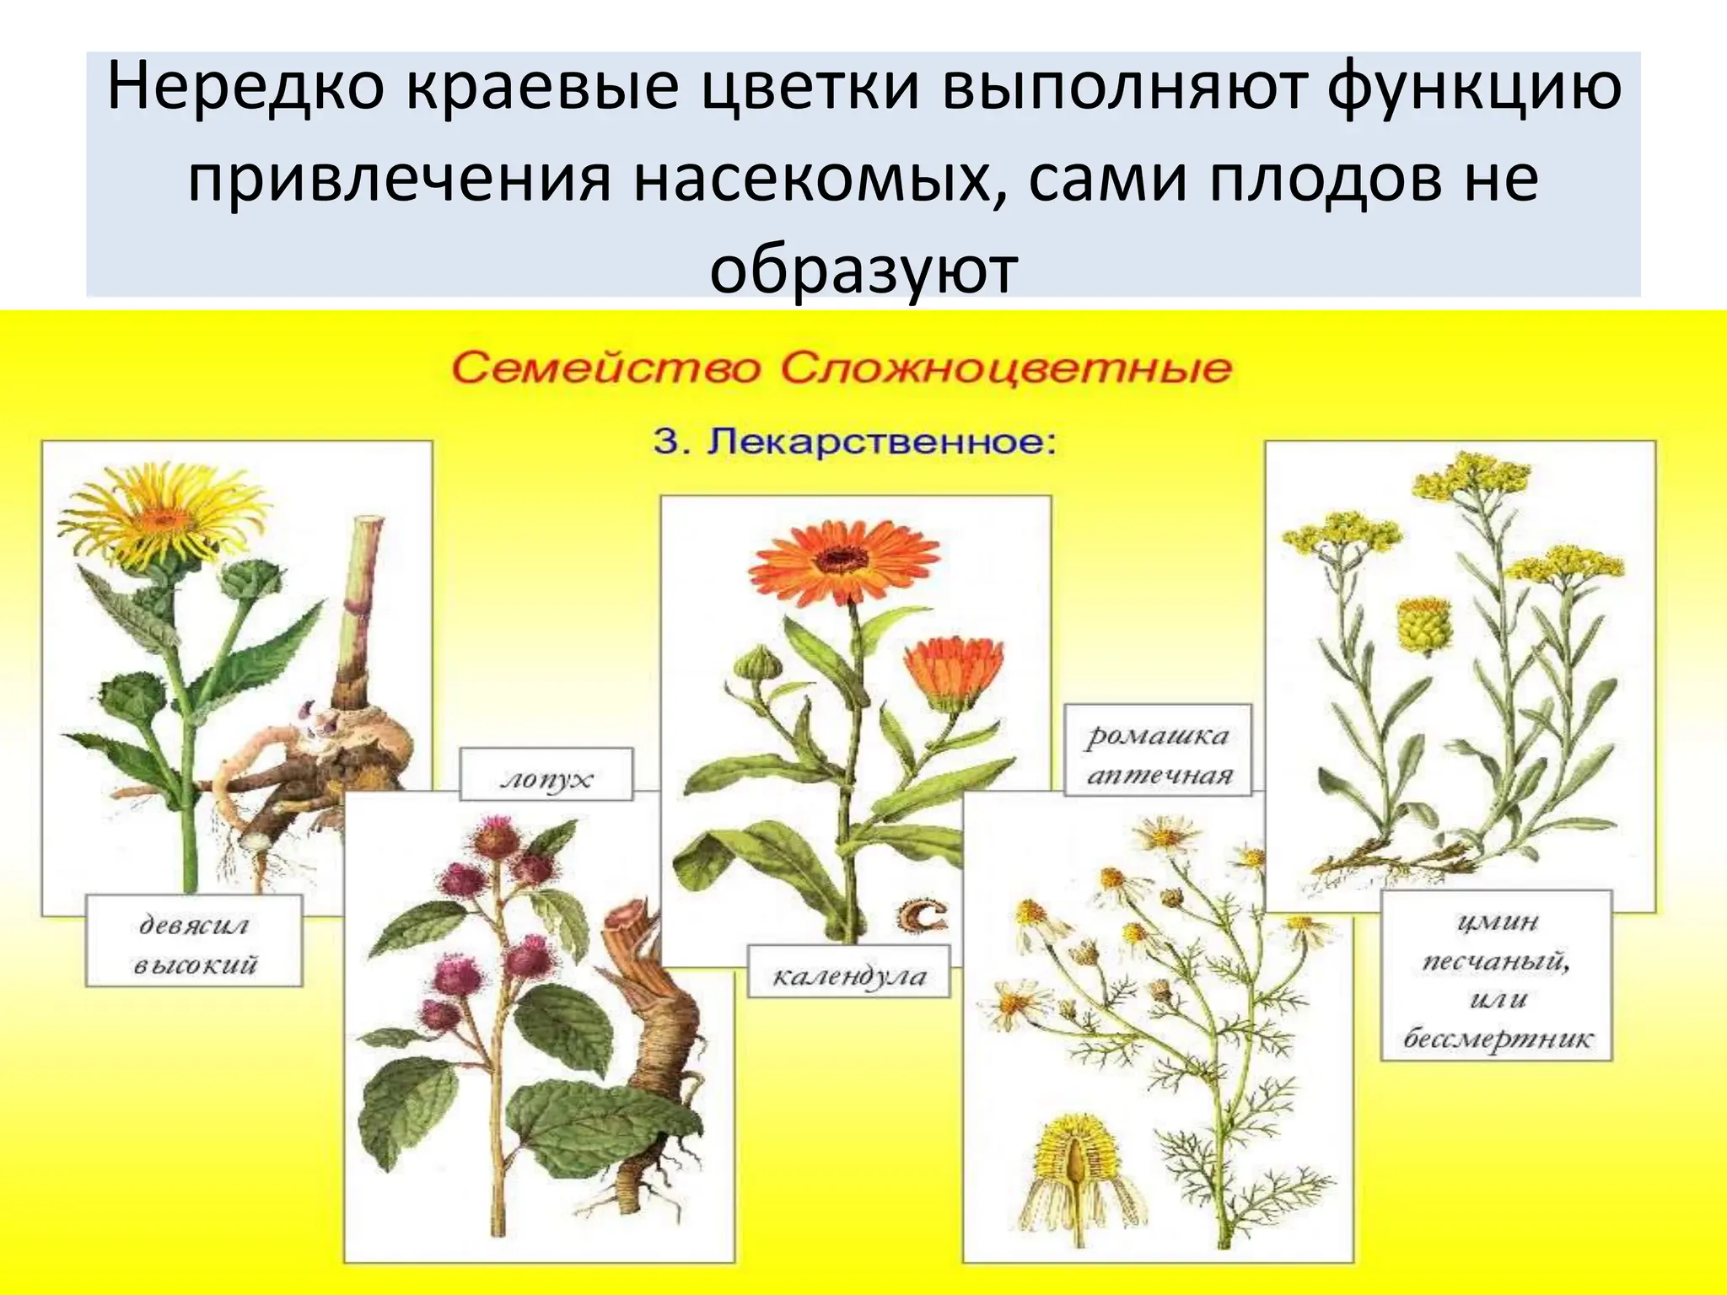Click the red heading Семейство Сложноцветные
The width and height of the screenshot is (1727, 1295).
coord(841,369)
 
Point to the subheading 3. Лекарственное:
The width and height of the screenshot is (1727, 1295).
coord(854,443)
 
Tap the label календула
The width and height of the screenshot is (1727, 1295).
coord(848,976)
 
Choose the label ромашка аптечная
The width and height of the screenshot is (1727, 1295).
coord(1158,755)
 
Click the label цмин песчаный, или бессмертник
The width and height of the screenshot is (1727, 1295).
coord(1496,981)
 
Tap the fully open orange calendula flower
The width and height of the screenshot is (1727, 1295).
coord(842,561)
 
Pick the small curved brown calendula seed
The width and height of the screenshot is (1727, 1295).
coord(922,916)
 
